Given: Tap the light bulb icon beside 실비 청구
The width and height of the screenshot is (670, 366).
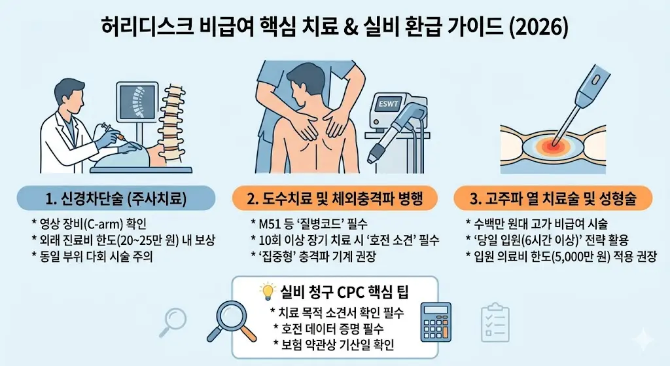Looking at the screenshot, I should pos(266,291).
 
